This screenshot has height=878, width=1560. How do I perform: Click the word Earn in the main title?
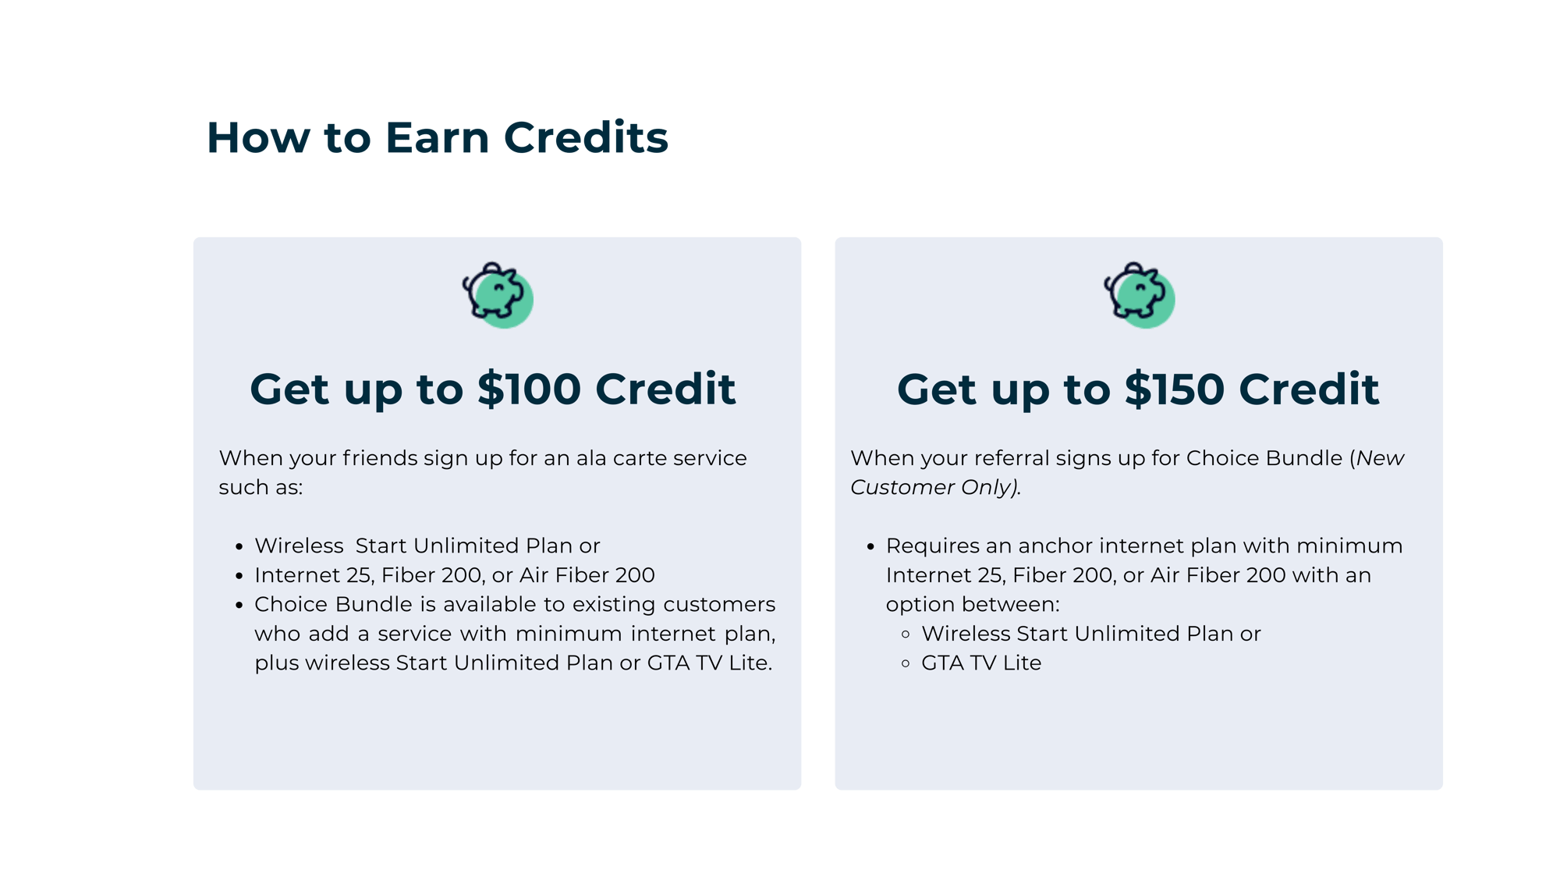437,138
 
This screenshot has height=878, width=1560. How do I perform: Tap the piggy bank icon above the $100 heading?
498,294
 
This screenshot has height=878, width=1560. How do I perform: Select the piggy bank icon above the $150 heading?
1139,294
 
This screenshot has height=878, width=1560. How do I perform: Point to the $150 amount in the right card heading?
1174,389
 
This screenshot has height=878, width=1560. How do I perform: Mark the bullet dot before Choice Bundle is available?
239,606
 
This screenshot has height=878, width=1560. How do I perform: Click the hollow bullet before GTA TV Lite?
906,663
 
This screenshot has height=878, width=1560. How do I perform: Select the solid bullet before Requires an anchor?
870,546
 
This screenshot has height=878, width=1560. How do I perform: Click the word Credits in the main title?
586,138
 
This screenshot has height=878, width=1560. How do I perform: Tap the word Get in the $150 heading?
936,389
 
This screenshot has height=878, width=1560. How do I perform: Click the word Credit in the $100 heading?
665,389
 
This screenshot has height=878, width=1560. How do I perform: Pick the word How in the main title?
258,138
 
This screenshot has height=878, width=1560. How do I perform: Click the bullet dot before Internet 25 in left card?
239,576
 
